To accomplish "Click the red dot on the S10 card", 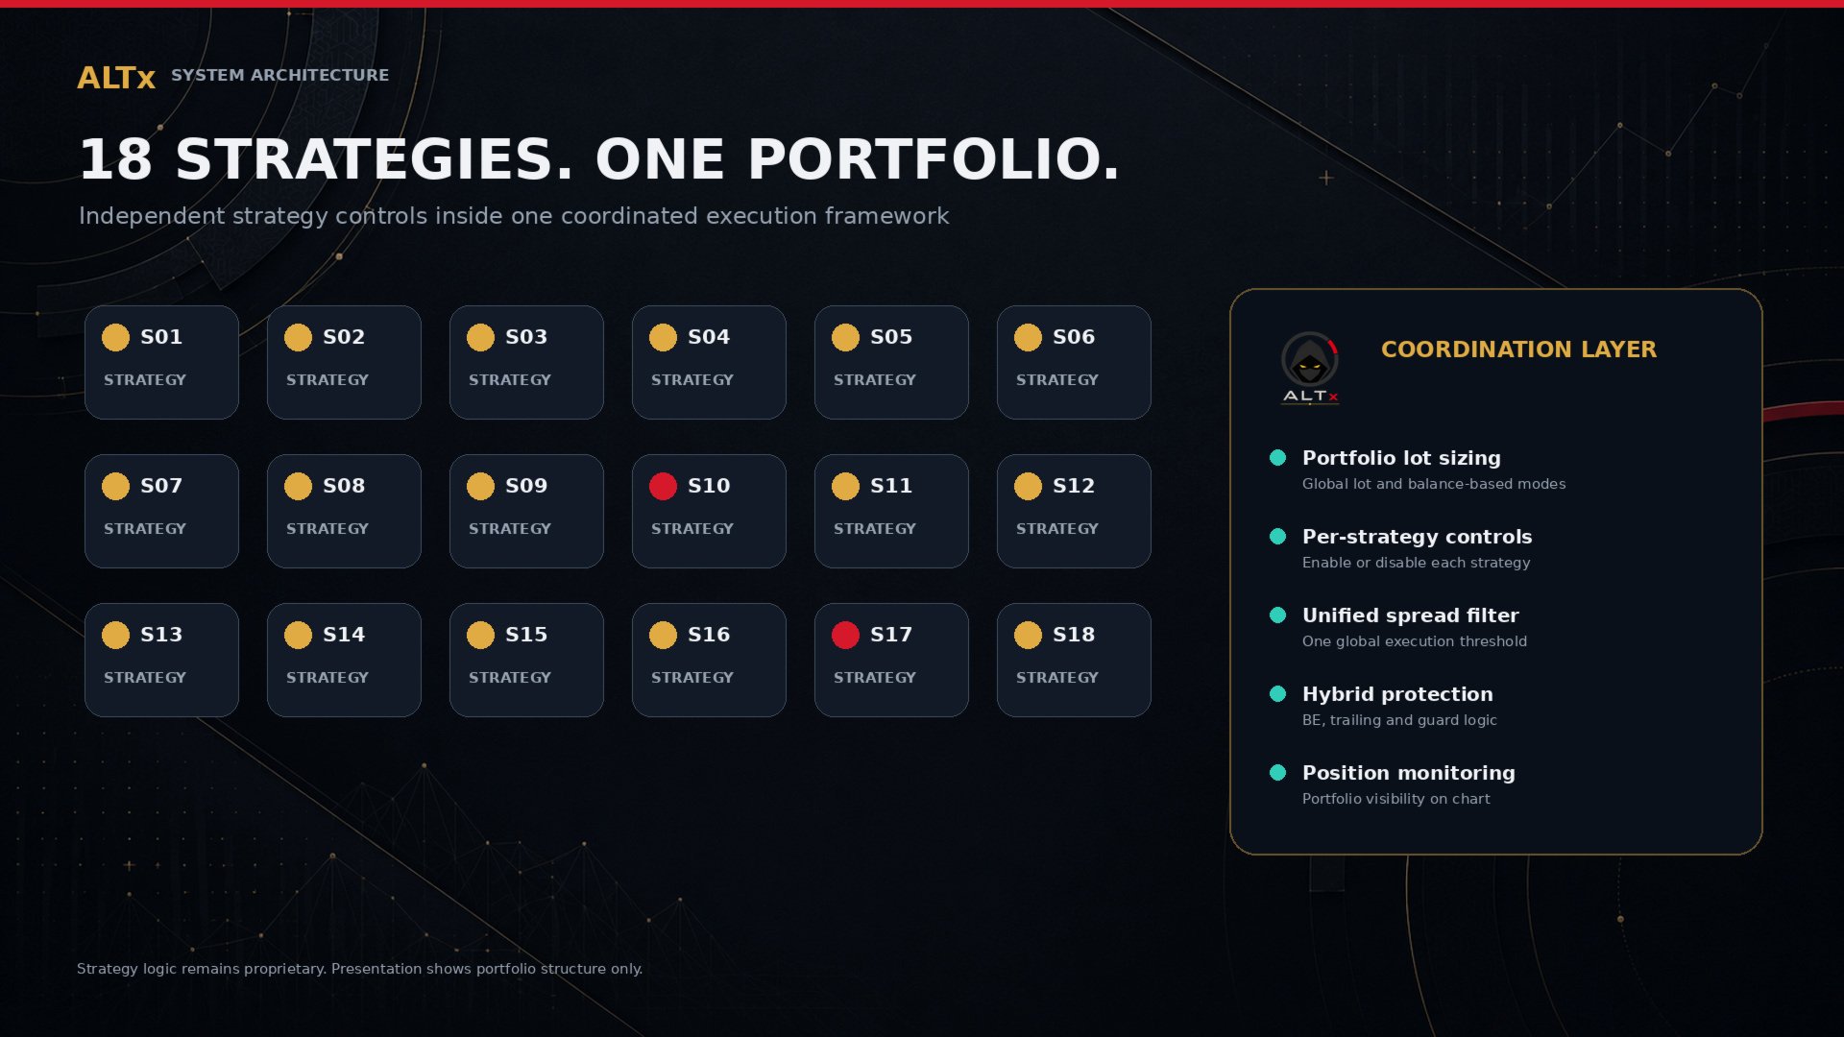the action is point(663,486).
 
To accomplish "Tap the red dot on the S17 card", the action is point(845,635).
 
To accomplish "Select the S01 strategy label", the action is point(161,337).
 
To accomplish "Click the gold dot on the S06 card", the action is point(1028,337).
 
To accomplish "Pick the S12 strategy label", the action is point(1074,486).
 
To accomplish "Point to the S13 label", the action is point(161,635).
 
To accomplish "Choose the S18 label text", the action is point(1074,635).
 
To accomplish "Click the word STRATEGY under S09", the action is point(510,529).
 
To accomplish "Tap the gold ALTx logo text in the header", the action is point(116,78).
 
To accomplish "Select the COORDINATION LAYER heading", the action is point(1518,350).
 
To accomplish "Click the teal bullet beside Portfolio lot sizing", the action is point(1277,458).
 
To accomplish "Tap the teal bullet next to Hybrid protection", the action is point(1277,694).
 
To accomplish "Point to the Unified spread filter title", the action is point(1410,615).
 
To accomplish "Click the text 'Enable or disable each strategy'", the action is point(1416,563).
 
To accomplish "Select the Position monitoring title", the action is point(1408,773).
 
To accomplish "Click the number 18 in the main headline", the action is point(115,159).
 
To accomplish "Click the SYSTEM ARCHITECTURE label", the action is point(279,75).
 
